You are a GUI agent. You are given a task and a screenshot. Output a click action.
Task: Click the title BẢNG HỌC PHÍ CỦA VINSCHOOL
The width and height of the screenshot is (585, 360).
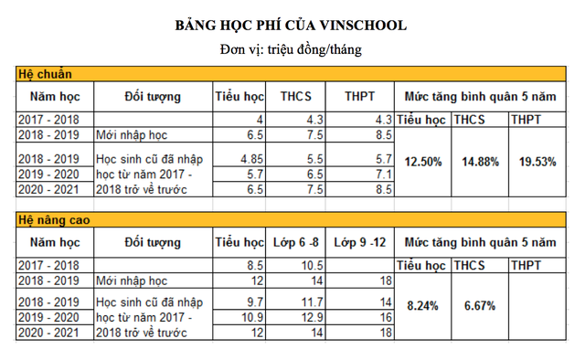pos(292,24)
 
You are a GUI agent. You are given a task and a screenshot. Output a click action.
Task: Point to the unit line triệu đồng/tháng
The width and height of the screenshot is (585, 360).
pos(292,48)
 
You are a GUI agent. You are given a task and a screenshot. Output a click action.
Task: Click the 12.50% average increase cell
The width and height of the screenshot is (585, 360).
pos(423,162)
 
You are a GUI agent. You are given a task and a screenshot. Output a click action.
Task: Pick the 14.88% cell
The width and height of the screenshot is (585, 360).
pos(480,162)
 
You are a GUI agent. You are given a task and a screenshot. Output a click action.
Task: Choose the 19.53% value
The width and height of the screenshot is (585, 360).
pos(537,162)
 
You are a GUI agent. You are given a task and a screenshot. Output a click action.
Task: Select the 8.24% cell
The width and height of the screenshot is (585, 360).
pos(423,306)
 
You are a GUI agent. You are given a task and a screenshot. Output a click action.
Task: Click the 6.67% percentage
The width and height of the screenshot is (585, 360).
pos(480,306)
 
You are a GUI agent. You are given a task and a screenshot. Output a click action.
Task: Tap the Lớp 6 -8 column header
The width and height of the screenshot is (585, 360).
pos(297,242)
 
